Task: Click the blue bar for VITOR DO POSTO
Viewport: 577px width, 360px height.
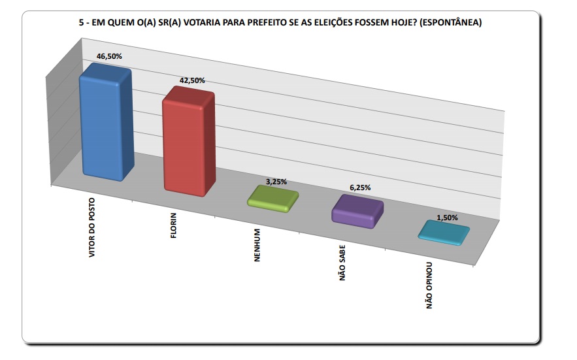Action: [x=105, y=124]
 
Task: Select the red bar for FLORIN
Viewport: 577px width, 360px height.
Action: [x=188, y=142]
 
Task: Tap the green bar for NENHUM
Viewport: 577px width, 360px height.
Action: [x=272, y=198]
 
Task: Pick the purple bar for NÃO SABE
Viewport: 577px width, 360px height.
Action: [x=357, y=211]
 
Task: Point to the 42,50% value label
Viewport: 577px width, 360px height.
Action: [x=192, y=80]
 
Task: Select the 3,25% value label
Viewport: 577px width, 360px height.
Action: [x=275, y=181]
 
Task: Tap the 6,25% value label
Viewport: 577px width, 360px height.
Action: [x=359, y=188]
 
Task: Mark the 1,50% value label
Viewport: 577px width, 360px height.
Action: [x=447, y=218]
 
